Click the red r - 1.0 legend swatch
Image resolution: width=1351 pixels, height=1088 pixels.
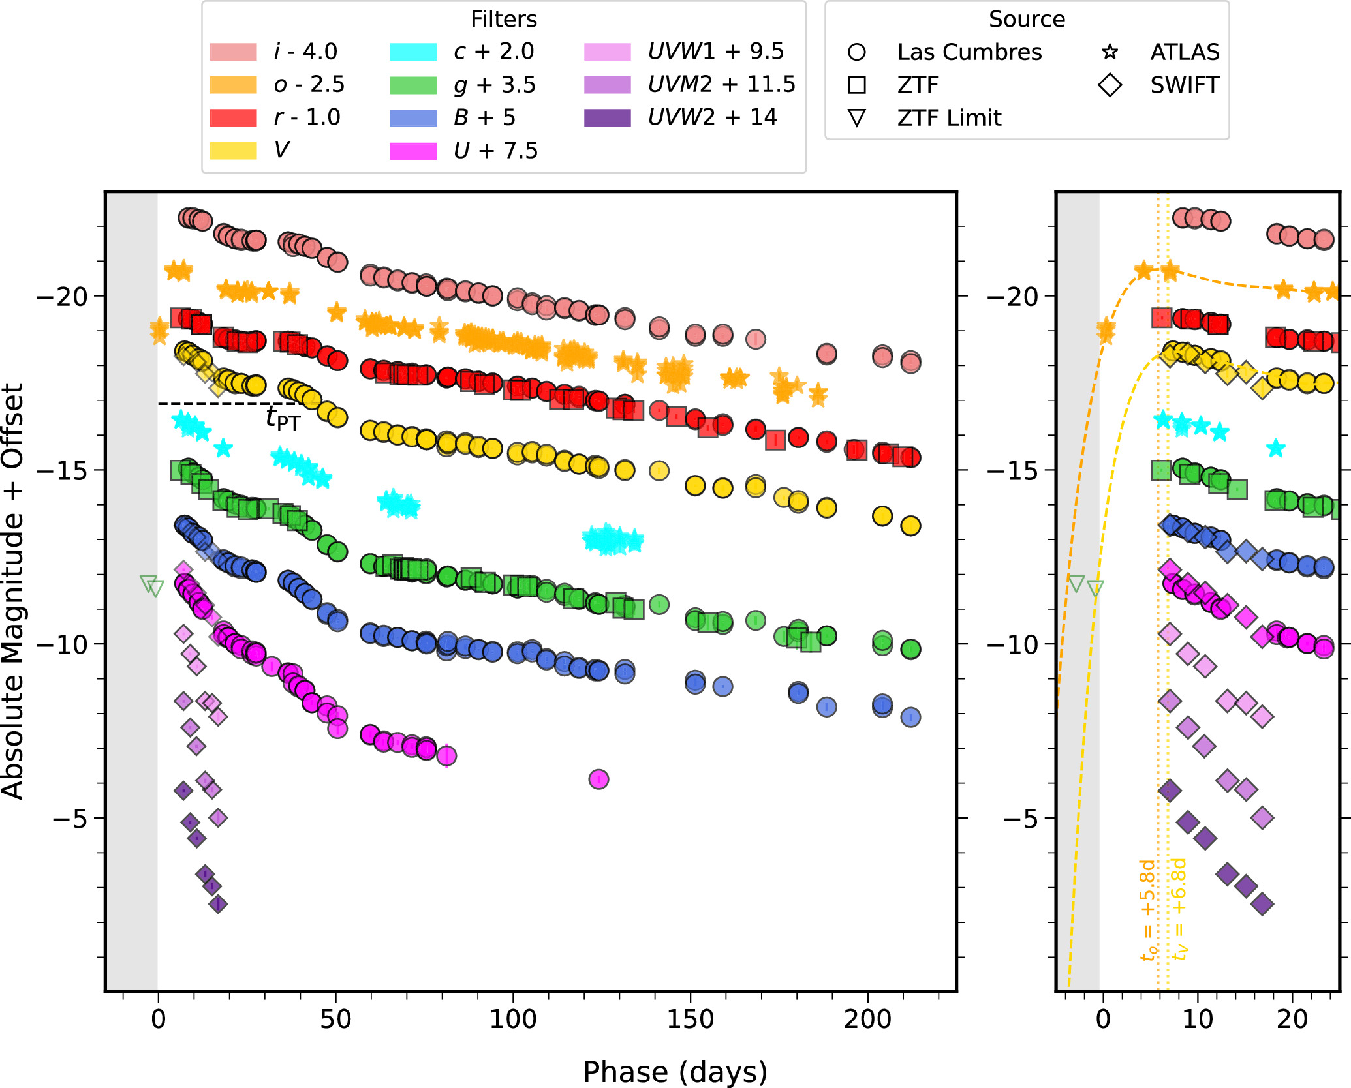click(233, 117)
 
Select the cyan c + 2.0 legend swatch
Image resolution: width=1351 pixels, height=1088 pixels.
click(412, 52)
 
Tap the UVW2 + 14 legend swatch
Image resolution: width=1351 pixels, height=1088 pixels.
click(608, 117)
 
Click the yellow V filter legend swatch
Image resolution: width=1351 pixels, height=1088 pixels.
click(233, 150)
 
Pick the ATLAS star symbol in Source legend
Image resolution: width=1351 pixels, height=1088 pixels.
click(1110, 52)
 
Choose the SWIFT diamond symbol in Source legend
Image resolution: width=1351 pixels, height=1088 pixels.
click(1110, 85)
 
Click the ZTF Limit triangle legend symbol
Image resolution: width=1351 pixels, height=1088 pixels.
click(856, 118)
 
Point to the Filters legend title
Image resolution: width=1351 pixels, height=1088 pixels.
click(504, 20)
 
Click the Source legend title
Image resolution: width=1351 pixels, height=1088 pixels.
click(1027, 20)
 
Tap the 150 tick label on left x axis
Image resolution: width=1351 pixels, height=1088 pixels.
click(690, 1019)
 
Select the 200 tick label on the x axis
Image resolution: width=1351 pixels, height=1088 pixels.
click(867, 1019)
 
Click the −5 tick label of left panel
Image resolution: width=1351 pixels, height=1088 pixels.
click(70, 818)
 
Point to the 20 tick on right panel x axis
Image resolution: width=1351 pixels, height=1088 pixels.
click(1292, 1019)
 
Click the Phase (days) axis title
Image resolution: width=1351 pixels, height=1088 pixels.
click(675, 1072)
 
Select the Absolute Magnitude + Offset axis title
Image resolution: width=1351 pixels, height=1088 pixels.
click(13, 591)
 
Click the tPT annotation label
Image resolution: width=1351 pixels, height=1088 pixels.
click(283, 418)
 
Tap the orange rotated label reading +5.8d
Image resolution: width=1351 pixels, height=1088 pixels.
click(1148, 911)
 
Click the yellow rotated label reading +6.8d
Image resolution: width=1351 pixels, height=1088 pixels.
click(1179, 909)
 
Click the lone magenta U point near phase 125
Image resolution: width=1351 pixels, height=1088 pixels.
click(598, 779)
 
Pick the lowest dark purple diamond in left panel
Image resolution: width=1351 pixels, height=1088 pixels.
click(218, 904)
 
